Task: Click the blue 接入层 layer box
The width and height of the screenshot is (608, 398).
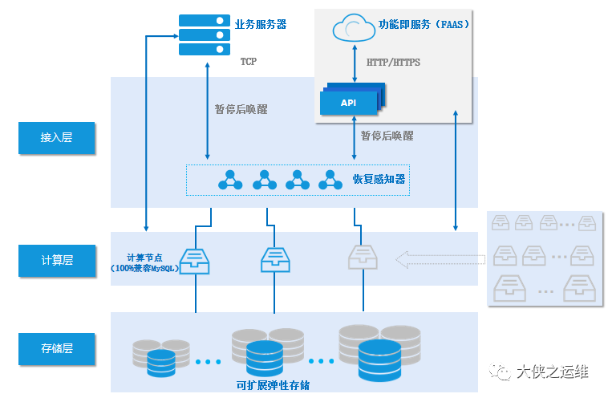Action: click(x=57, y=138)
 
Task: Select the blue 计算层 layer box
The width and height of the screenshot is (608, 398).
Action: click(x=57, y=260)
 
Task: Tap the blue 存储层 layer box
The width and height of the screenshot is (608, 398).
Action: click(x=57, y=349)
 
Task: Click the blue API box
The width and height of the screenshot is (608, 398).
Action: click(x=349, y=103)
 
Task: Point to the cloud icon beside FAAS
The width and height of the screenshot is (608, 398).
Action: click(x=354, y=28)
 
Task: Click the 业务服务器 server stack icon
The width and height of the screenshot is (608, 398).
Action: click(x=205, y=35)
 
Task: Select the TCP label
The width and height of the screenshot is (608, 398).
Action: click(x=248, y=62)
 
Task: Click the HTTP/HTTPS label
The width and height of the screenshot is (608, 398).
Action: click(x=393, y=63)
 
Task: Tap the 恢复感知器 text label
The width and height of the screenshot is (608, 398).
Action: click(x=379, y=179)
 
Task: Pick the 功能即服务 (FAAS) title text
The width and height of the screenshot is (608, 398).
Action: click(x=424, y=24)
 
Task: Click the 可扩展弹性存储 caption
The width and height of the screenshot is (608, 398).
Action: click(x=273, y=385)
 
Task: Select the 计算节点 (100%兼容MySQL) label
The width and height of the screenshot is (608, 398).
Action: click(x=144, y=263)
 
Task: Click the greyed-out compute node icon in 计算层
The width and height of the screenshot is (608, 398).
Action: click(x=363, y=257)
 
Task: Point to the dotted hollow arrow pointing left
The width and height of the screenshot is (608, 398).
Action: click(x=440, y=259)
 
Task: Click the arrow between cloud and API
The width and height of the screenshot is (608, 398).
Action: click(x=355, y=63)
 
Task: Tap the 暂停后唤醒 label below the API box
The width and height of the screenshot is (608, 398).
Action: click(x=387, y=136)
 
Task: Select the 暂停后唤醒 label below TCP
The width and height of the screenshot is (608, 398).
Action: click(x=241, y=109)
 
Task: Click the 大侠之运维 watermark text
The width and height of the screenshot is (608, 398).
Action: click(x=553, y=372)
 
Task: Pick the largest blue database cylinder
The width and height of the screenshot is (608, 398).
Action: click(x=379, y=361)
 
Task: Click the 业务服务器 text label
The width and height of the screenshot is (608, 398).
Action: click(x=261, y=24)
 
